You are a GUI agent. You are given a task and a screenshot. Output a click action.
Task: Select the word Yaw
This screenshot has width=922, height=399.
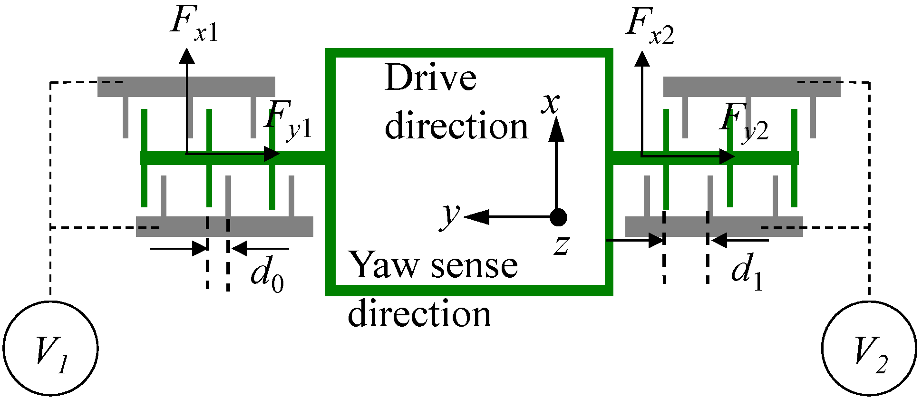coord(382,265)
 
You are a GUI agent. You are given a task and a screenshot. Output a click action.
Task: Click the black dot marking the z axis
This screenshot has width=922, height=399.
coord(558,217)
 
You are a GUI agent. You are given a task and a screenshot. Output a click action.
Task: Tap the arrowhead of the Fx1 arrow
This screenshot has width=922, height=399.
coord(186,56)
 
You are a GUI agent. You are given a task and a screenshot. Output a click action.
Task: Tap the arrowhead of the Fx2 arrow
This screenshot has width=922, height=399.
coord(642,59)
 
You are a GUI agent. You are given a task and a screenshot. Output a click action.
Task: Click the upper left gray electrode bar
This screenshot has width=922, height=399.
coord(186,87)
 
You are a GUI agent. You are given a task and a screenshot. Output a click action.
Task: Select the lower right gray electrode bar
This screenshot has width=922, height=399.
coord(714,226)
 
